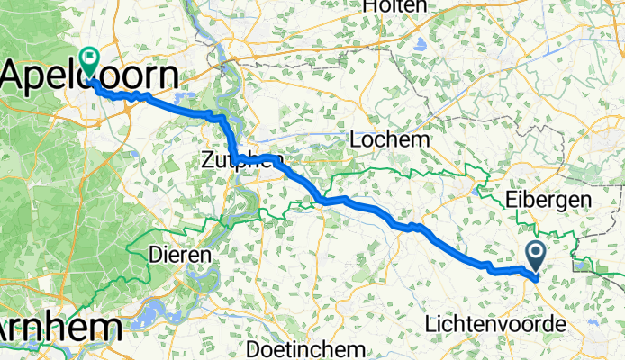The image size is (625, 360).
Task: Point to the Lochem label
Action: tap(389, 141)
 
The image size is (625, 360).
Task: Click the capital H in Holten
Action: tap(369, 6)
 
